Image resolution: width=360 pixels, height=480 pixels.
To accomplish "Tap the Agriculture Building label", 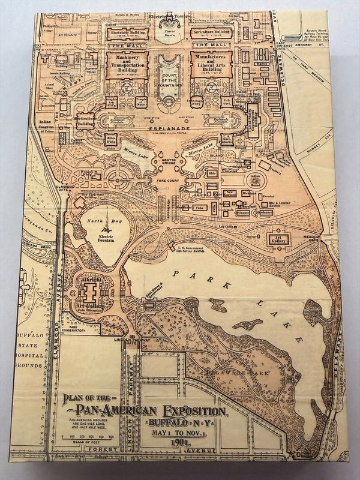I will point(211,31).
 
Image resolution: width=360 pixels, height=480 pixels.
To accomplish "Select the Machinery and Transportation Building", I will point(127,63).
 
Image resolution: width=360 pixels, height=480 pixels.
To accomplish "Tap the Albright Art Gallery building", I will point(91,293).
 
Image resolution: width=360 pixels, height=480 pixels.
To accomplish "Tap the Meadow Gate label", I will point(310,238).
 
